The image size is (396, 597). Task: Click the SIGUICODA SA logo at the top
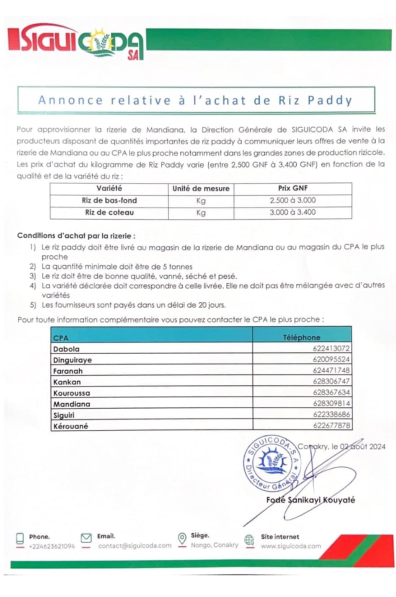click(76, 44)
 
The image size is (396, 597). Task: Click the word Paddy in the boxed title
click(330, 100)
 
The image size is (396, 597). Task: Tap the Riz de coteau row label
click(109, 213)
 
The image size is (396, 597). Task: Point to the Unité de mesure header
click(201, 189)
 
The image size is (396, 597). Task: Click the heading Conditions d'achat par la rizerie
click(76, 236)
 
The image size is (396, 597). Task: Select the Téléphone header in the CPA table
click(301, 337)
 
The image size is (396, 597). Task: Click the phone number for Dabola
click(331, 348)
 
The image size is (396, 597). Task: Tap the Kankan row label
click(67, 382)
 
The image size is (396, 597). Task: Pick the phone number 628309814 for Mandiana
click(331, 404)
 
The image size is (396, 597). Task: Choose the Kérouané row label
click(70, 426)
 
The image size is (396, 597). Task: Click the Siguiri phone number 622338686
click(331, 415)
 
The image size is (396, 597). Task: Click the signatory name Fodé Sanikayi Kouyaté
click(311, 500)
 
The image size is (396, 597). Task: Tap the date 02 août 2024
click(362, 446)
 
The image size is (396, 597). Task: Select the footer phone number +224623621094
click(52, 546)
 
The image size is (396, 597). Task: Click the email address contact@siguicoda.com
click(135, 546)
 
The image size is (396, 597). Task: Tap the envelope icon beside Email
click(86, 538)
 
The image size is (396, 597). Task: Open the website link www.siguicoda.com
click(290, 546)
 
